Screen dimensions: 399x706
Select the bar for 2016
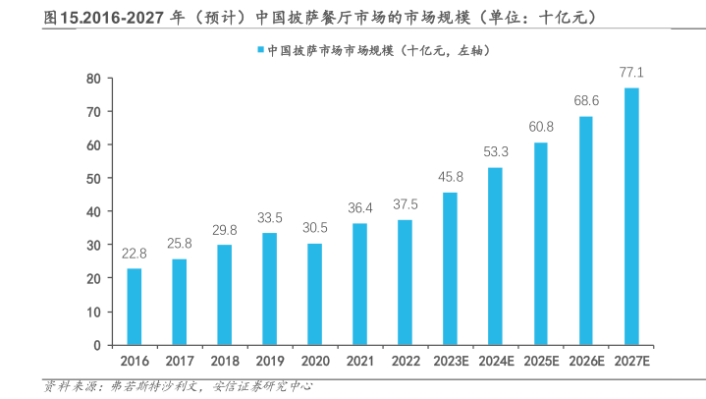(x=135, y=307)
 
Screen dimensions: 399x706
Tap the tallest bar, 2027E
(x=631, y=216)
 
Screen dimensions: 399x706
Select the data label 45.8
(x=451, y=177)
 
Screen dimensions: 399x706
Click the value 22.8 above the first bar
(x=135, y=254)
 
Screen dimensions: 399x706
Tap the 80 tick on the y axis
(x=94, y=78)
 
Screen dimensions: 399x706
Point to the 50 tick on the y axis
(x=94, y=178)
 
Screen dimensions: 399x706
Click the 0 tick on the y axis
(x=97, y=345)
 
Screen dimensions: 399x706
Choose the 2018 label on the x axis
(x=224, y=362)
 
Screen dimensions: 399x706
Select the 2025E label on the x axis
(x=541, y=362)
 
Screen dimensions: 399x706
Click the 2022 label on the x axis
(x=405, y=362)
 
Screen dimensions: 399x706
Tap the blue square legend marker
(x=258, y=49)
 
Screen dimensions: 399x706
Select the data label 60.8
(x=541, y=127)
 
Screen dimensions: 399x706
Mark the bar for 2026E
(x=586, y=231)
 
